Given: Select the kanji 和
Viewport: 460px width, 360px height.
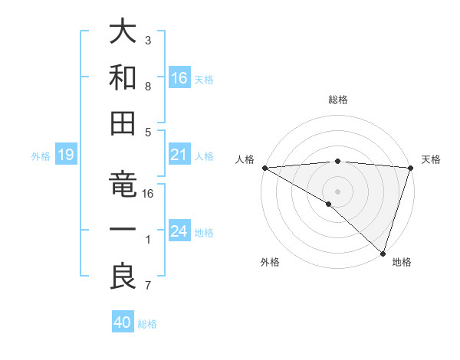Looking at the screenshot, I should click(123, 77).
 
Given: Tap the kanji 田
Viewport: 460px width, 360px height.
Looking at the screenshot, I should click(123, 122).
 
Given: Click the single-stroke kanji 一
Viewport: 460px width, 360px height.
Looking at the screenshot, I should click(123, 230).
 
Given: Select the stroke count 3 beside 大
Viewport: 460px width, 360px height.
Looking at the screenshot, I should click(147, 39).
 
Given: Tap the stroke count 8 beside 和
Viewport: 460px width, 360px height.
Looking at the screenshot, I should click(147, 87).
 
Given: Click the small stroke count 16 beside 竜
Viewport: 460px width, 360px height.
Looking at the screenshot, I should click(149, 194).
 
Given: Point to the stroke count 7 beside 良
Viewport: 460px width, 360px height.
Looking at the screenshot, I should click(147, 286).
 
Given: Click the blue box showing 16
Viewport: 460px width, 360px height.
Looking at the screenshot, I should click(179, 77).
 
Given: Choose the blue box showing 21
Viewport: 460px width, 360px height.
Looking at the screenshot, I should click(179, 155).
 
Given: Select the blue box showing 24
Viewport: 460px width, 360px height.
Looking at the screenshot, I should click(179, 231).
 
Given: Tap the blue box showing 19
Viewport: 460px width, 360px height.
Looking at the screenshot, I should click(65, 155).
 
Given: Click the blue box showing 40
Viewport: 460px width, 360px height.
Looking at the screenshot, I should click(123, 322).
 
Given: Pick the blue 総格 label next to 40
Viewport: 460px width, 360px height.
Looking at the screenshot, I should click(147, 324).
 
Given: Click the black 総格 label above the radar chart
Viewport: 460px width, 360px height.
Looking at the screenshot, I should click(337, 100).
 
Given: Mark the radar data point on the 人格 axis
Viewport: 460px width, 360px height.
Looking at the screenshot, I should click(264, 168).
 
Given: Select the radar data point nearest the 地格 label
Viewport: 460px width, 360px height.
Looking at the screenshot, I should click(382, 252).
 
